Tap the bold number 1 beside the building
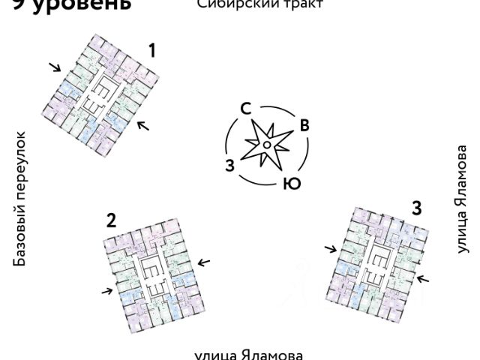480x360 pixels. [x=152, y=51]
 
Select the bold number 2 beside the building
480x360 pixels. [x=111, y=220]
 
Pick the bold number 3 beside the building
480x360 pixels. [x=415, y=207]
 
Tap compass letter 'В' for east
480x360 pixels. [x=304, y=125]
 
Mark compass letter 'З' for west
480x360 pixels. [x=230, y=166]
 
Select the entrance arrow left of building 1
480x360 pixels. [x=55, y=67]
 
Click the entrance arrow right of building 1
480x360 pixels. [x=143, y=124]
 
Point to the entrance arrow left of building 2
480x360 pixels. [x=106, y=291]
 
